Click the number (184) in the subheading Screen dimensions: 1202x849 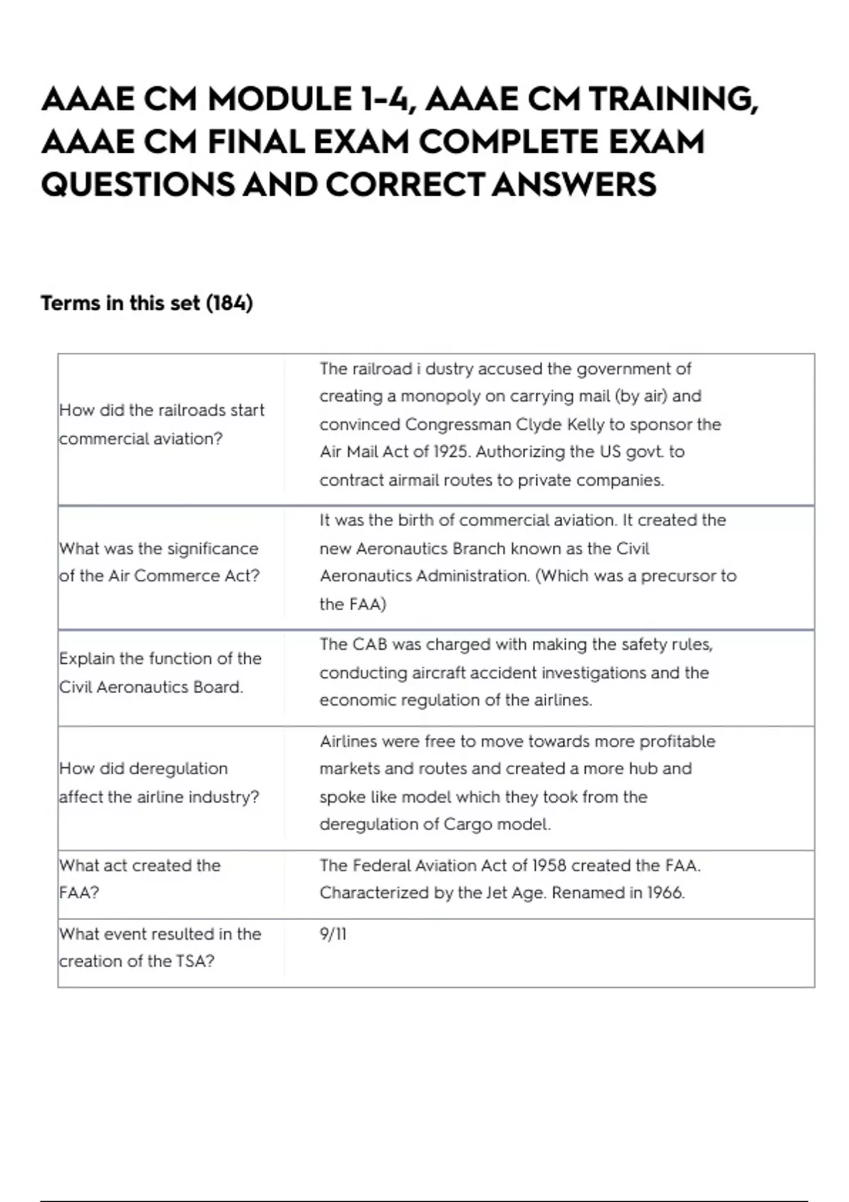pos(229,303)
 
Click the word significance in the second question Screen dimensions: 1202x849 pos(212,549)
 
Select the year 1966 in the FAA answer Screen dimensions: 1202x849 pos(665,893)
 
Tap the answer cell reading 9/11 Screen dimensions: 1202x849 pos(333,934)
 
